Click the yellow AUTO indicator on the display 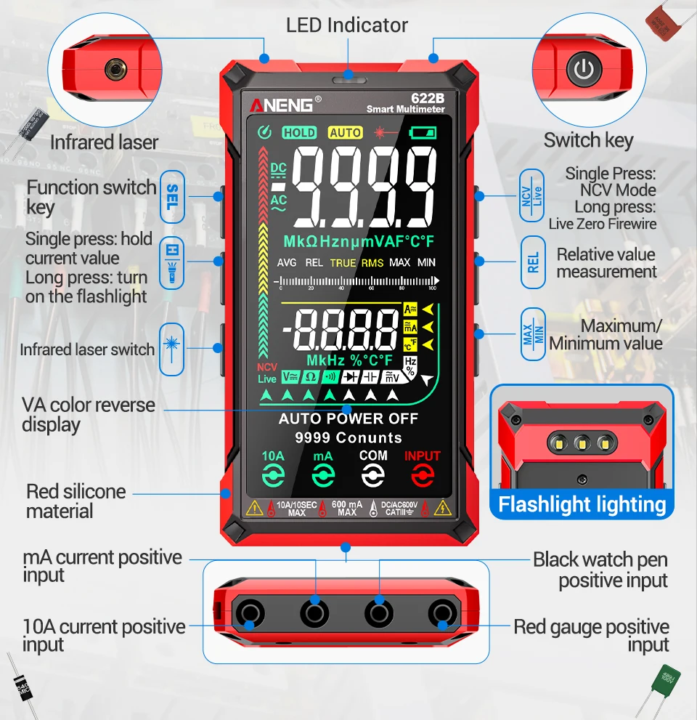(345, 132)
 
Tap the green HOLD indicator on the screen (299, 132)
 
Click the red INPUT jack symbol (423, 476)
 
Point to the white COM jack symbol (373, 476)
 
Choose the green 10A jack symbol (273, 476)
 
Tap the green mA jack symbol (323, 476)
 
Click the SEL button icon (172, 197)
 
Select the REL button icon (533, 262)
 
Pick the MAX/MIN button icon (533, 334)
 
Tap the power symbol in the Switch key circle (584, 70)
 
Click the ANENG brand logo (282, 105)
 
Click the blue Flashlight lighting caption (582, 504)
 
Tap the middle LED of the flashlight (581, 442)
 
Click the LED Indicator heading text (347, 25)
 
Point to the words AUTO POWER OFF (348, 418)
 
